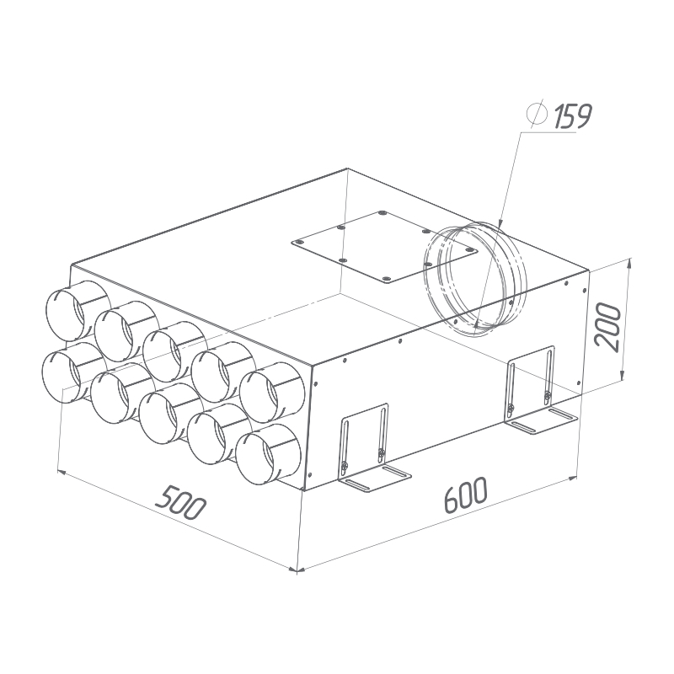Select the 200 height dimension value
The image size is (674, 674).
pyautogui.click(x=607, y=327)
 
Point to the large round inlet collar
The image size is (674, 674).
pyautogui.click(x=475, y=279)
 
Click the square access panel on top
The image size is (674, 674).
pyautogui.click(x=384, y=247)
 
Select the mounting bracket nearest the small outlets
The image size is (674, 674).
pyautogui.click(x=373, y=448)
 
